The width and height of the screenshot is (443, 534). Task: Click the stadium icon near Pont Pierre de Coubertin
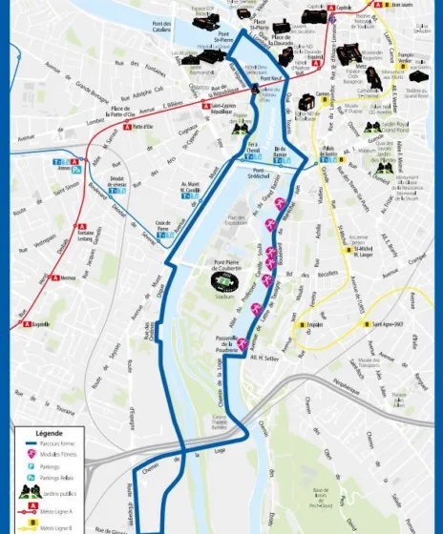pyautogui.click(x=221, y=282)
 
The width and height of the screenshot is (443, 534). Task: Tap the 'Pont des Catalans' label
pyautogui.click(x=162, y=26)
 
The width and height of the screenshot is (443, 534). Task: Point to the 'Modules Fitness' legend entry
pyautogui.click(x=52, y=455)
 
